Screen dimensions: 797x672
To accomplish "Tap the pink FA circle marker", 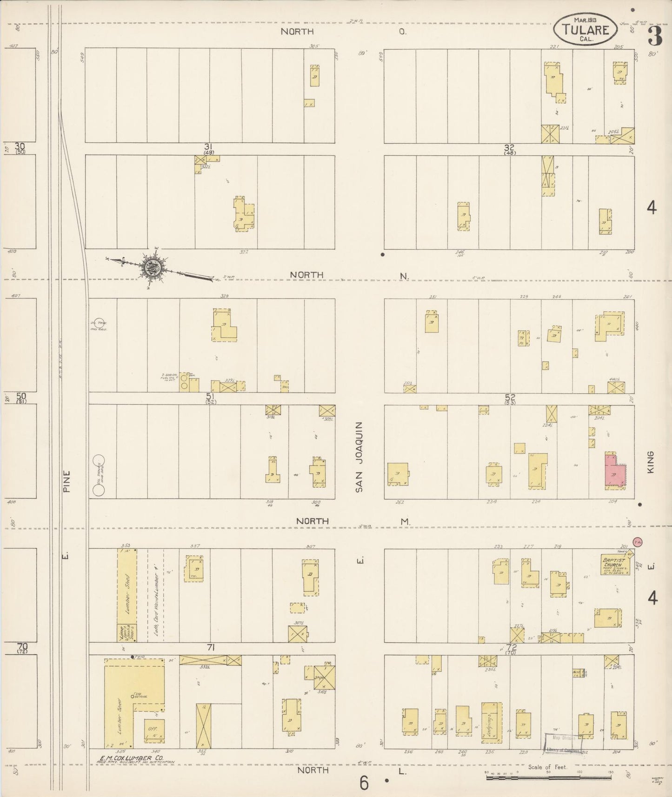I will click(x=638, y=542).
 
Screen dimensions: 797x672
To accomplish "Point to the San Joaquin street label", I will click(x=359, y=457).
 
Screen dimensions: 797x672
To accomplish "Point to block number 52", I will click(x=510, y=398).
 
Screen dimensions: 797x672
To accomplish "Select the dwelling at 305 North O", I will click(x=314, y=75).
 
